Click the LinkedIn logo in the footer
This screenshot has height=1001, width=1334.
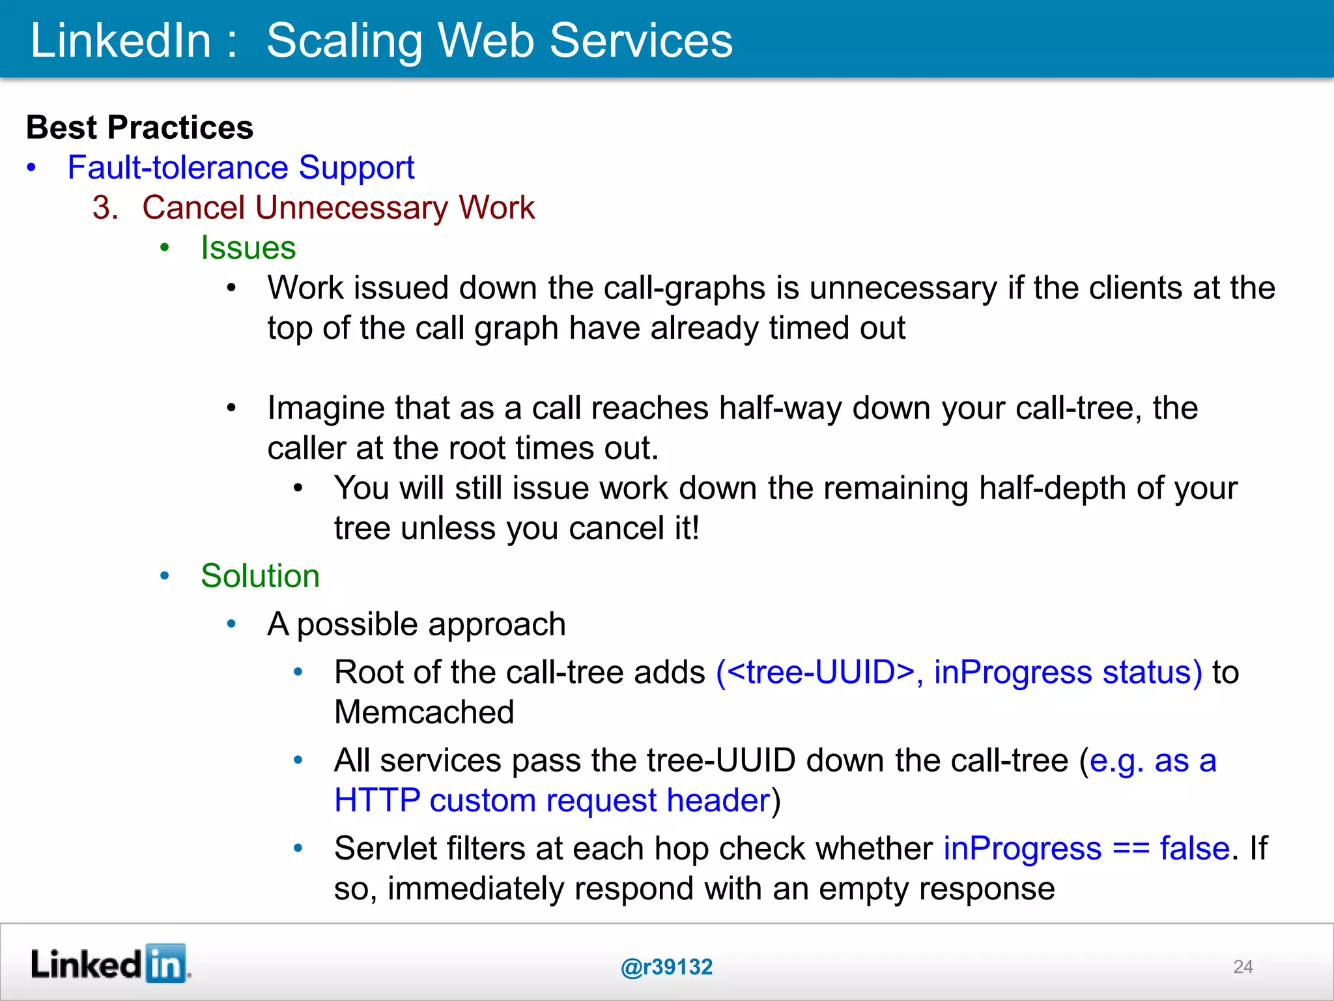109,964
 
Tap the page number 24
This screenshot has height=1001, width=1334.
1243,966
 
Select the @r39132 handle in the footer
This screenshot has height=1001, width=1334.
666,967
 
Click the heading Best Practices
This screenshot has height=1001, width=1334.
139,127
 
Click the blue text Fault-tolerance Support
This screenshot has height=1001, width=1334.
240,167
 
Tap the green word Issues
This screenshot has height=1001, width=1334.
248,248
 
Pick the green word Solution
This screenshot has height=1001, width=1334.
260,576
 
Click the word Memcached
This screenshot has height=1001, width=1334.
424,712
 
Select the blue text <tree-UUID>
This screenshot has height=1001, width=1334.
821,672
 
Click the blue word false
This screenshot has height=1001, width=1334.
1195,849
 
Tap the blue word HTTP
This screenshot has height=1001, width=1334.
377,800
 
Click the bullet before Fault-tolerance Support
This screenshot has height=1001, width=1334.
31,168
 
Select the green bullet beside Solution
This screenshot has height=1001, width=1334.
165,576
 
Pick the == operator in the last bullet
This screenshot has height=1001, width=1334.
1131,849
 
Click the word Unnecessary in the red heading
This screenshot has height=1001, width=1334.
352,208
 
